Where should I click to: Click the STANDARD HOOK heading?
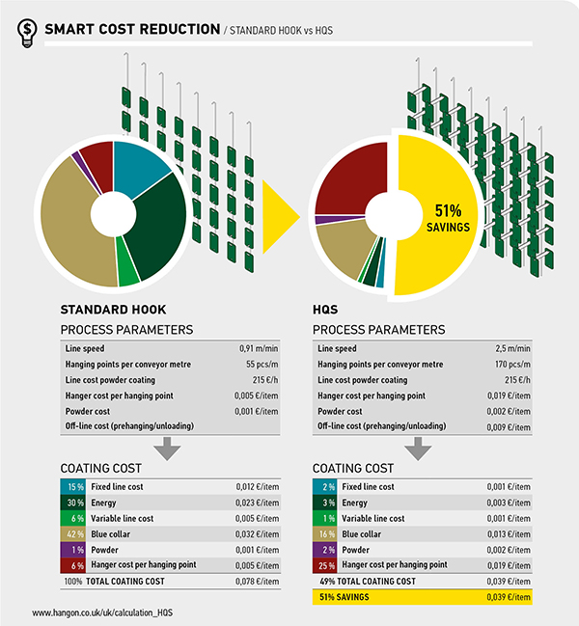point(113,311)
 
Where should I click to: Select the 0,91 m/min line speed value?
point(259,348)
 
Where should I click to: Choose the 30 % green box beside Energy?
point(72,503)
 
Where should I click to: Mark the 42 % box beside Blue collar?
point(72,533)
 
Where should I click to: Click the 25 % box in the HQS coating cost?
point(325,564)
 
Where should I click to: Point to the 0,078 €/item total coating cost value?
point(258,581)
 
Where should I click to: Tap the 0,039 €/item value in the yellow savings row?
point(510,598)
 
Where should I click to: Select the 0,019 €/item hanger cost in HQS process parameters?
point(510,395)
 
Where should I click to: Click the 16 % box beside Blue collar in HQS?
point(325,533)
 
